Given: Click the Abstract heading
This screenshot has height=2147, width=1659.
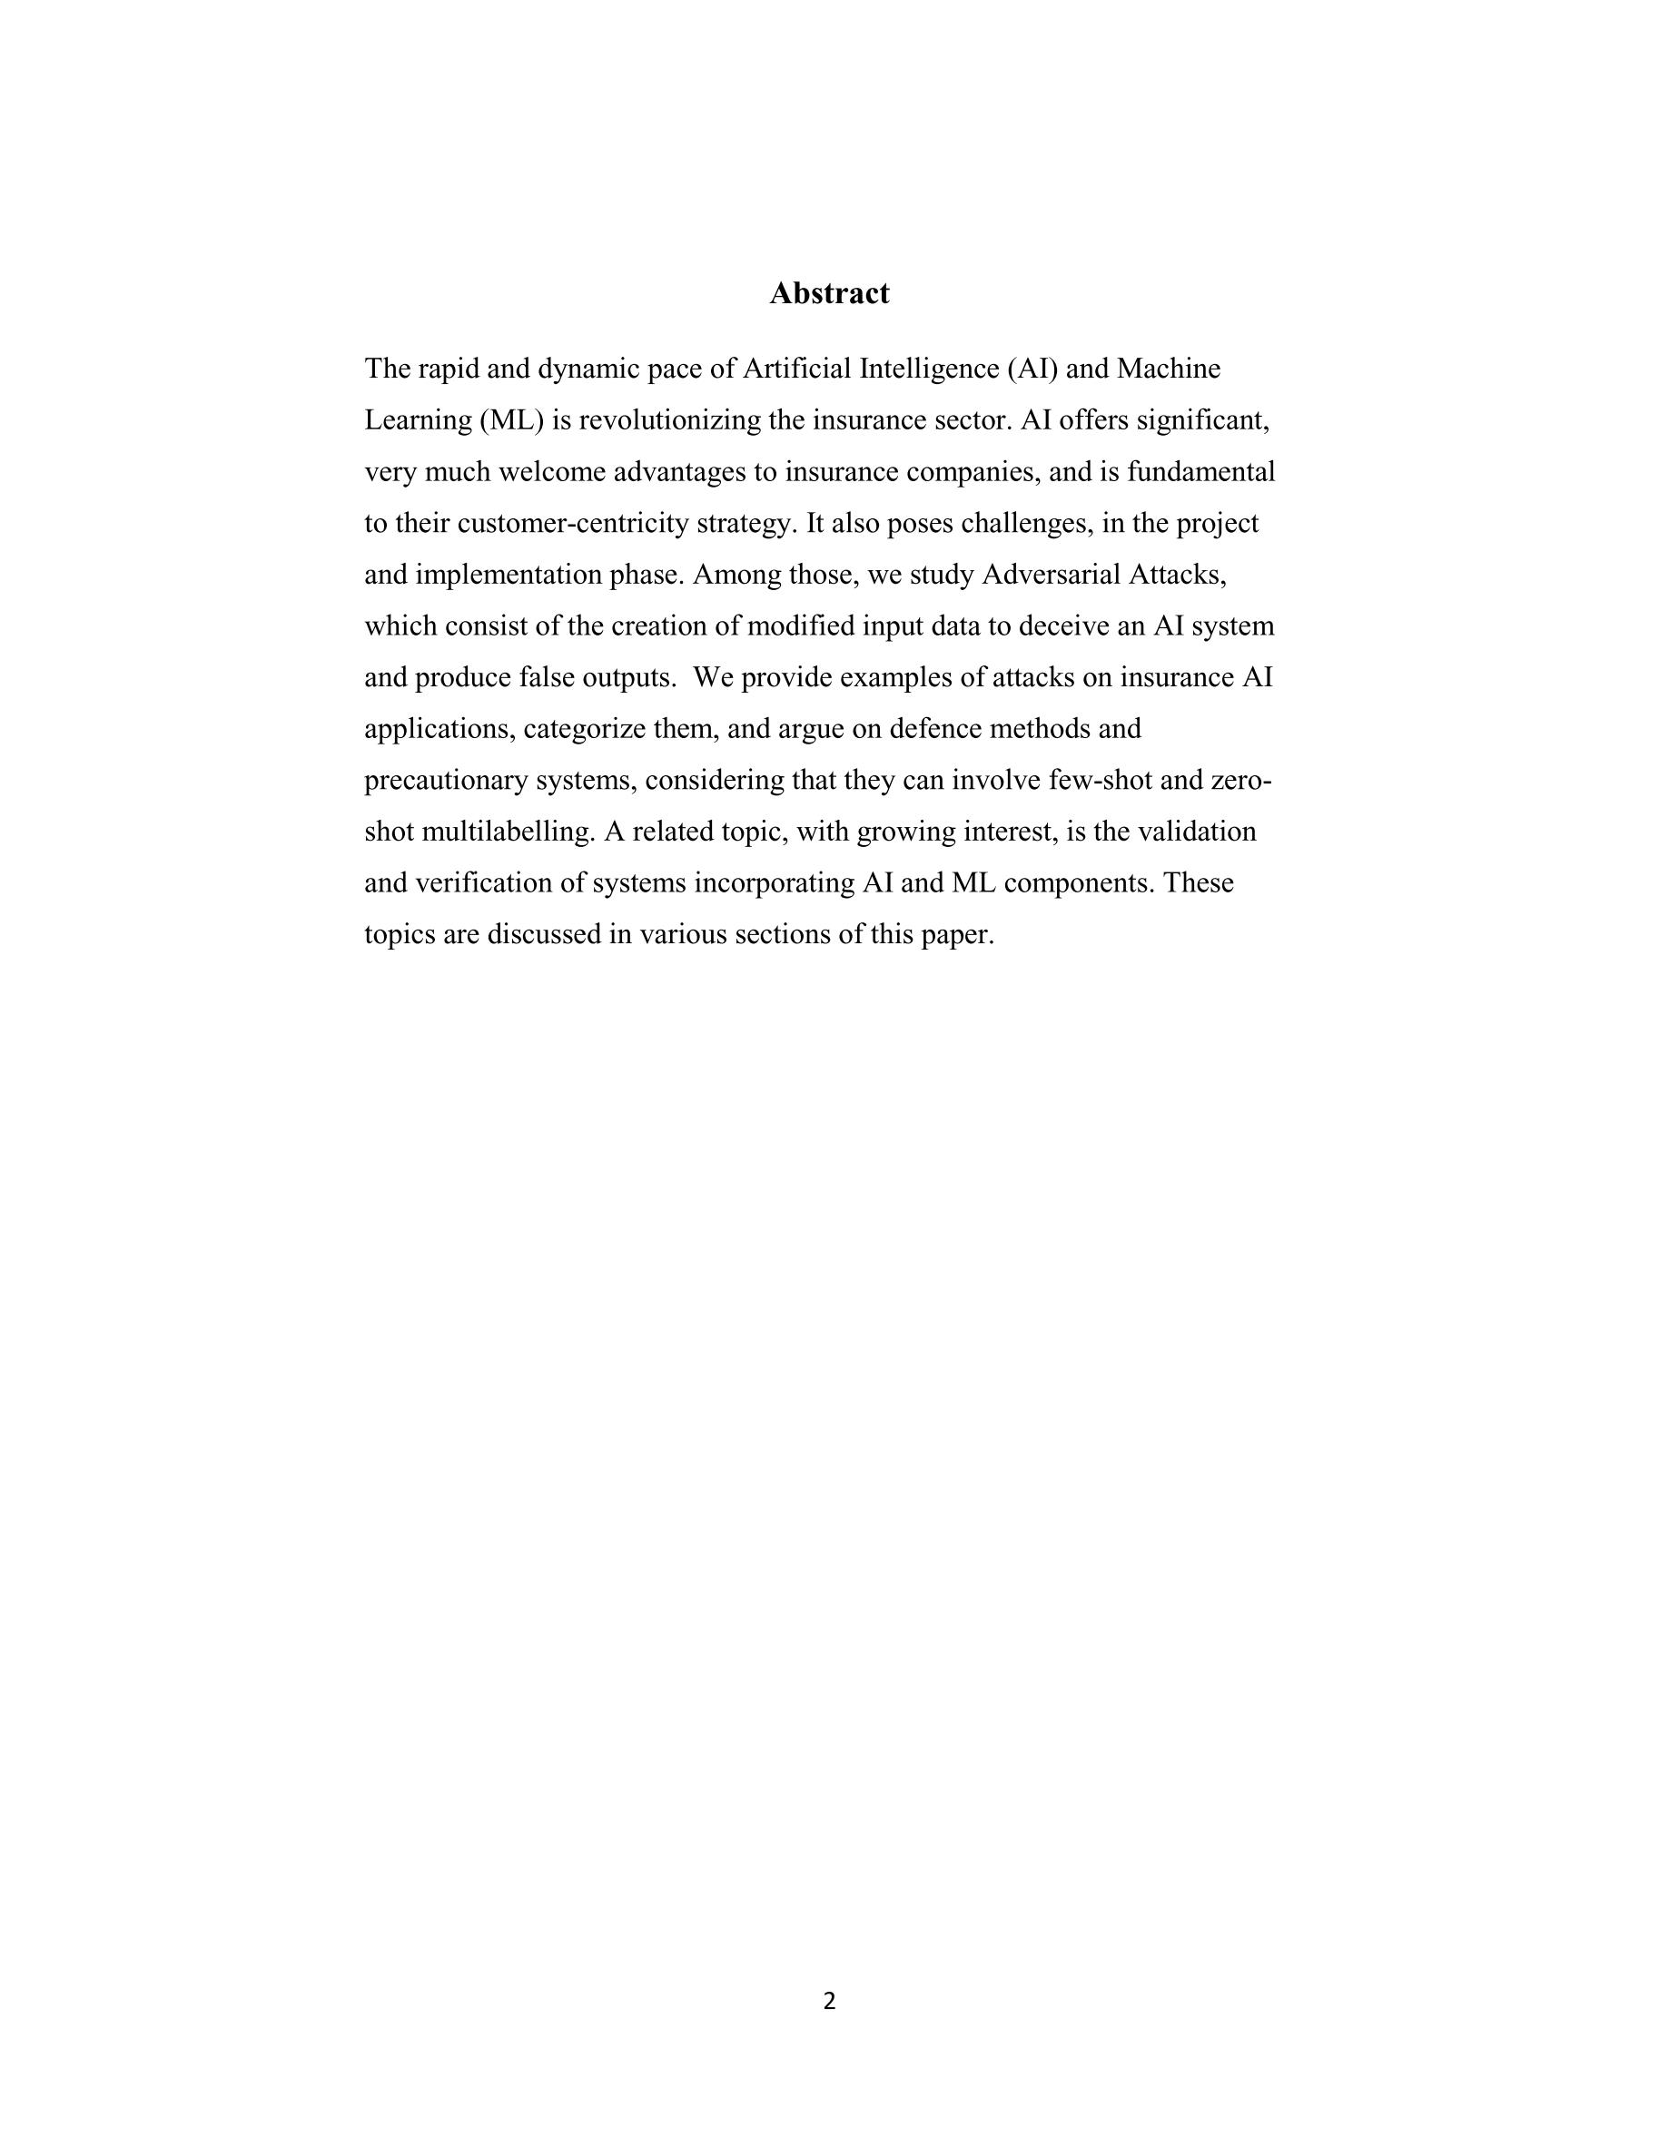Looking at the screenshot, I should click(x=829, y=293).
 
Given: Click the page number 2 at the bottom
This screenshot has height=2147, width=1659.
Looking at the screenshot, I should click(x=829, y=2001).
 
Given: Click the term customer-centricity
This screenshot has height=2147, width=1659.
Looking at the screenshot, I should click(x=572, y=523).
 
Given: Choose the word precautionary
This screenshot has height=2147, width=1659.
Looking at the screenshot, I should click(x=446, y=781).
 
